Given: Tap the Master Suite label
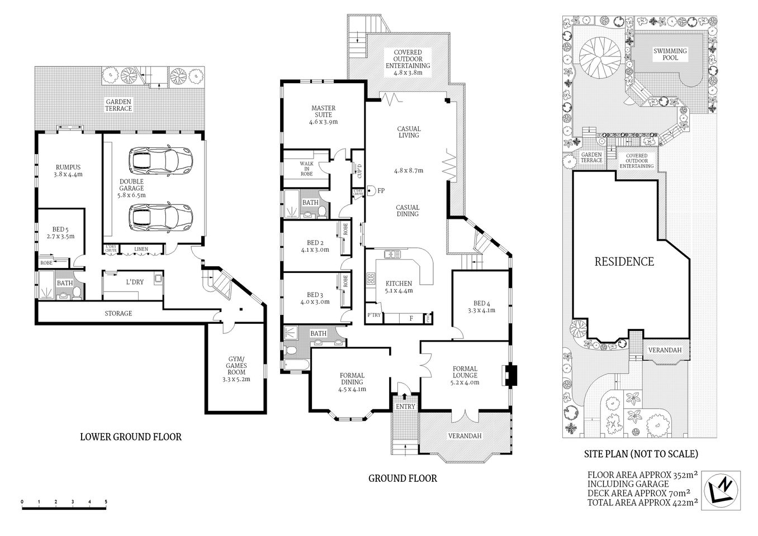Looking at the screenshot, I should tap(323, 114).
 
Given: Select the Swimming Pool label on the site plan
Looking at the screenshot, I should tap(670, 54).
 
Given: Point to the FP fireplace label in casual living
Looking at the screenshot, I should tap(381, 190).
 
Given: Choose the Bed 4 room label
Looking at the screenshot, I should tap(481, 307).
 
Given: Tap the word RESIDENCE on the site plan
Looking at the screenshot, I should tap(623, 261).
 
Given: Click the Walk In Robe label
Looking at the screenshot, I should tap(306, 169).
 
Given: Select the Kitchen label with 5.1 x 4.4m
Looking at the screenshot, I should tap(399, 287).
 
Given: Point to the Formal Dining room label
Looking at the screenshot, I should tap(352, 382).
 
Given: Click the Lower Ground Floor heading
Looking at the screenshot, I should tap(131, 437).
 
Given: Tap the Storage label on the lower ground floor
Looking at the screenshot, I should tap(119, 313).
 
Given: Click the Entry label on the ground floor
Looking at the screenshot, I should tap(405, 406).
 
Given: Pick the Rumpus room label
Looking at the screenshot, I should tap(68, 170).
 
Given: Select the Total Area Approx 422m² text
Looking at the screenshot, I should tap(642, 502).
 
